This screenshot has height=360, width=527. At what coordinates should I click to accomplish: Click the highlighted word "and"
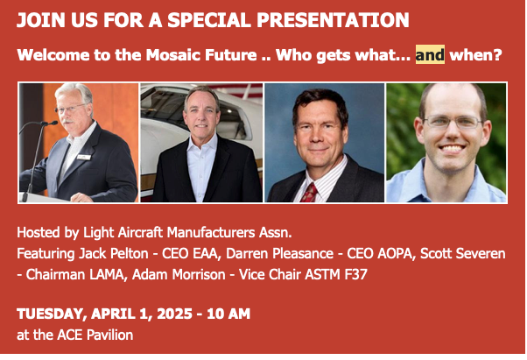(x=430, y=54)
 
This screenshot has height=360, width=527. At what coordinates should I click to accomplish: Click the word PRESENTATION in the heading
(x=333, y=20)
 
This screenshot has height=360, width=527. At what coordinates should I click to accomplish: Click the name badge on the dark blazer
(x=83, y=157)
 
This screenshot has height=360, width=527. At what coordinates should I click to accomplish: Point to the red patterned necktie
(x=309, y=193)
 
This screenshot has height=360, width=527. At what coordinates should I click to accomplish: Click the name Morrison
(x=199, y=275)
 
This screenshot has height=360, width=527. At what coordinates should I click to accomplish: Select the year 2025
(x=174, y=314)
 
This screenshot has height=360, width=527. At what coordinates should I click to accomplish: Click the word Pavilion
(x=109, y=335)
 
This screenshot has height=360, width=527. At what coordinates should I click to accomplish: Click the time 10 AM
(x=228, y=314)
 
